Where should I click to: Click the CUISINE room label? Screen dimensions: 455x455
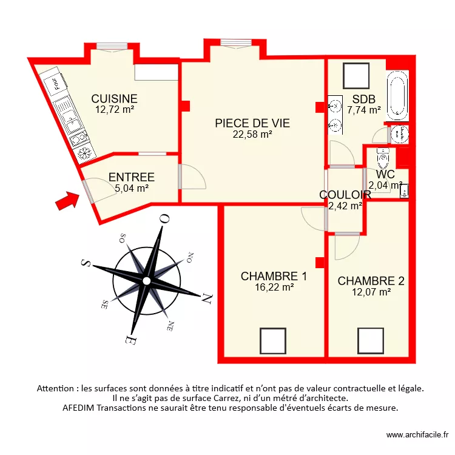(x=114, y=98)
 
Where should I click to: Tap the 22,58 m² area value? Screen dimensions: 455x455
(x=252, y=135)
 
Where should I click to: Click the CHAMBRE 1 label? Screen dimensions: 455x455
(x=274, y=277)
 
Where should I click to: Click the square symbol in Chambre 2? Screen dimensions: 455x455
(x=370, y=340)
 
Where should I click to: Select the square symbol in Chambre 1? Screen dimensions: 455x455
(x=273, y=340)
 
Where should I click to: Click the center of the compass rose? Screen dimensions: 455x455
(x=146, y=280)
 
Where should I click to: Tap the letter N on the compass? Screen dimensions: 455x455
(x=206, y=298)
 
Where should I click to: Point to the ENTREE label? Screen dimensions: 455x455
(x=132, y=178)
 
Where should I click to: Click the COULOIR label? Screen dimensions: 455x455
(x=345, y=195)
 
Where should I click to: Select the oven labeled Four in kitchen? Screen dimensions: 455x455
(x=55, y=82)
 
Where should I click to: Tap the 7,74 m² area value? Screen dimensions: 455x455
(x=364, y=110)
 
